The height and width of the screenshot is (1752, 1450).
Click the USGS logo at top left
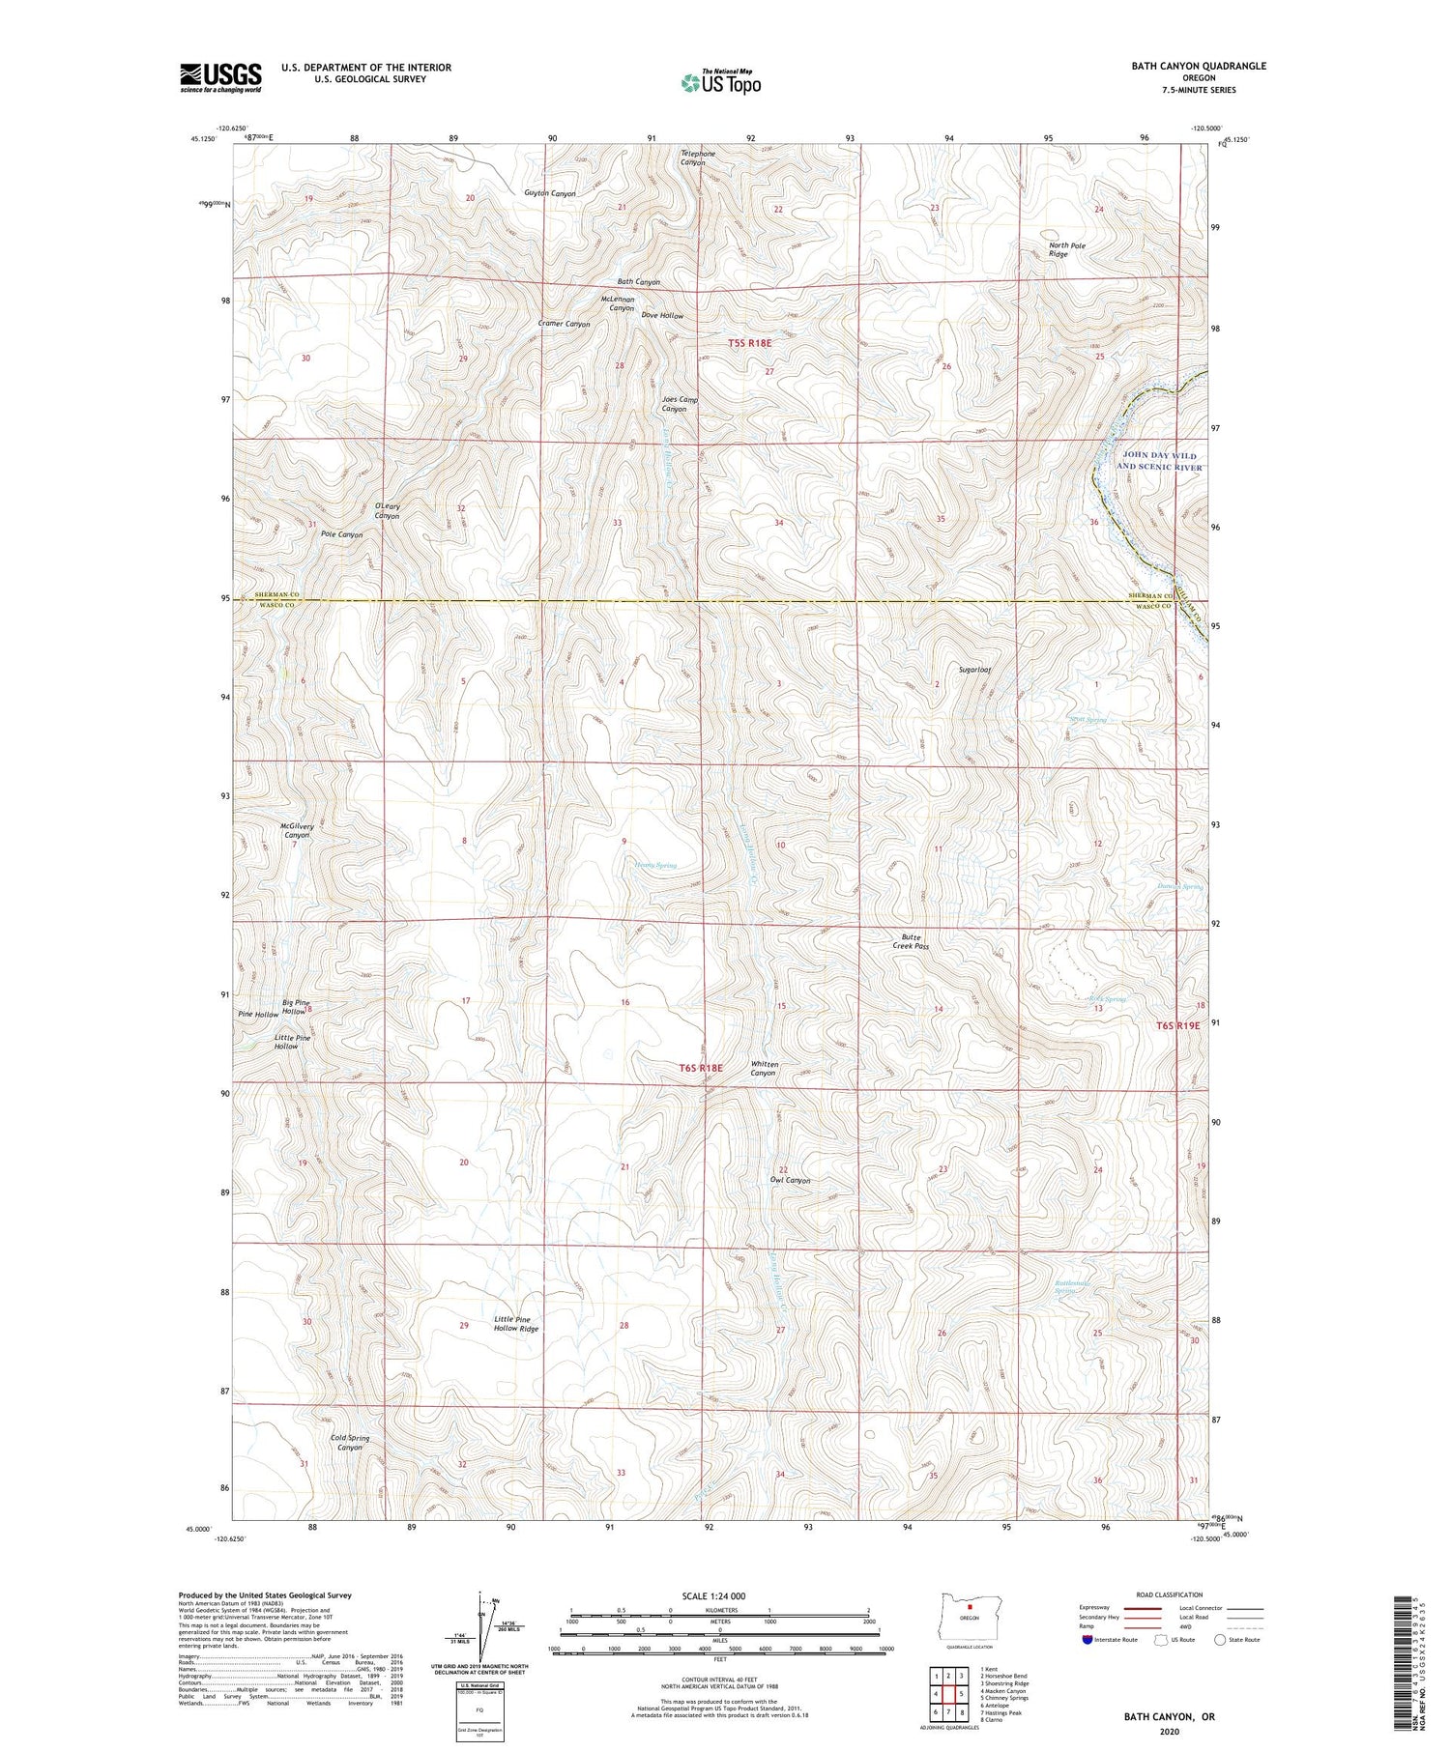pyautogui.click(x=220, y=77)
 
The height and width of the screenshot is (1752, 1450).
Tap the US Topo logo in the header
pyautogui.click(x=720, y=83)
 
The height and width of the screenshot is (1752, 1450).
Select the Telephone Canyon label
pyautogui.click(x=698, y=158)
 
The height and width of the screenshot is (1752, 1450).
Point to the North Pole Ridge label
pyautogui.click(x=1067, y=249)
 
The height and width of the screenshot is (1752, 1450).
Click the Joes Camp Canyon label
pyautogui.click(x=680, y=404)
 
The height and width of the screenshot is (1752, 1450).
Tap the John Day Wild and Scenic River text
pyautogui.click(x=1159, y=461)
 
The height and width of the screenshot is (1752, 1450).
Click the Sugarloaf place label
pyautogui.click(x=974, y=669)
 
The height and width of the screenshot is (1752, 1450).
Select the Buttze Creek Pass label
pyautogui.click(x=910, y=941)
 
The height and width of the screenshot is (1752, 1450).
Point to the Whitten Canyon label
pyautogui.click(x=764, y=1068)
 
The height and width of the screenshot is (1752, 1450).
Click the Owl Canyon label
pyautogui.click(x=790, y=1180)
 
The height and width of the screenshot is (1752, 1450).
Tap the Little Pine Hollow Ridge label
pyautogui.click(x=515, y=1323)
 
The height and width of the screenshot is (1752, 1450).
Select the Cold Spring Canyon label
pyautogui.click(x=350, y=1442)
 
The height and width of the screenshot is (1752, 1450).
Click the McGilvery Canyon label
pyautogui.click(x=297, y=830)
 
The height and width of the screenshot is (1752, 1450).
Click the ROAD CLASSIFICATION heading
pyautogui.click(x=1170, y=1594)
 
